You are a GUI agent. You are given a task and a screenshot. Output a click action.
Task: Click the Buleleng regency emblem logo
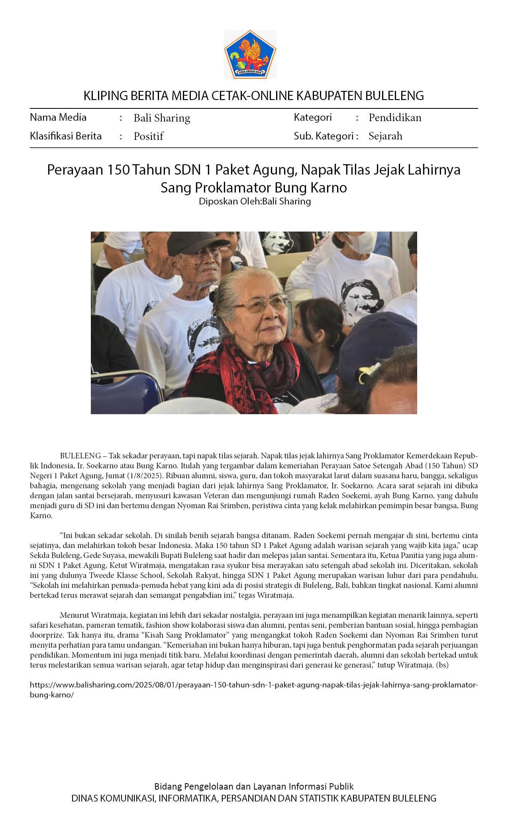[250, 54]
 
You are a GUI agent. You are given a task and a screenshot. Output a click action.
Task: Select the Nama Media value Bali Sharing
[162, 118]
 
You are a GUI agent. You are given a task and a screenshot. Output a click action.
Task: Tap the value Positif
[148, 136]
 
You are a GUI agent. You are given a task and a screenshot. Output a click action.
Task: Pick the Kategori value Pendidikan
[394, 118]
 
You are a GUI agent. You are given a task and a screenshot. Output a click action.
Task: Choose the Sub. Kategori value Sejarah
[385, 136]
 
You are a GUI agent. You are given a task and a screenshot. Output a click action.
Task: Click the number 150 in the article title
[118, 170]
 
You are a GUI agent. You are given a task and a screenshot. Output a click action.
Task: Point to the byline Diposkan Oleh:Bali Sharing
[255, 201]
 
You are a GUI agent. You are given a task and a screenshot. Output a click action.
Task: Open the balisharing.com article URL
[253, 685]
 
